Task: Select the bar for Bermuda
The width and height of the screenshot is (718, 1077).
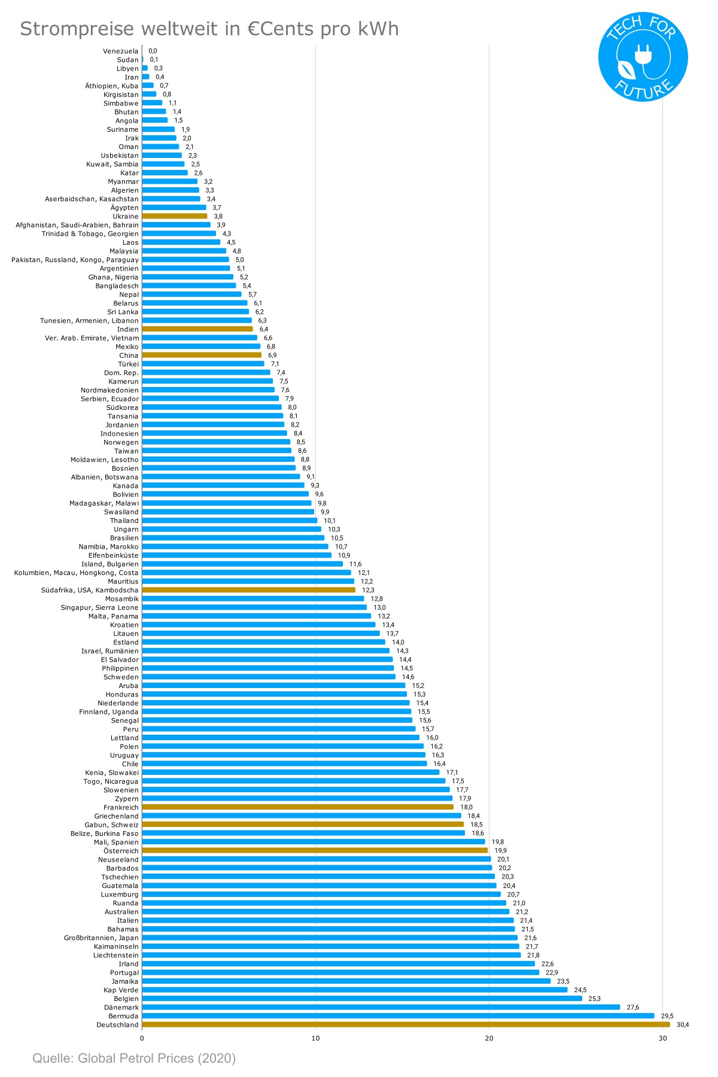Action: coord(398,1016)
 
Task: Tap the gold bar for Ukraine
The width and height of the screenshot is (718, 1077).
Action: coord(175,216)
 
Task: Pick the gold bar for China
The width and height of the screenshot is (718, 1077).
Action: coord(202,355)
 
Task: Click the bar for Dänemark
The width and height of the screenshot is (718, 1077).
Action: coord(381,1007)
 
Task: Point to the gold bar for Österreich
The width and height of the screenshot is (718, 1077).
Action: coord(315,850)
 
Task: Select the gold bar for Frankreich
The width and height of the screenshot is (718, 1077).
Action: coord(298,807)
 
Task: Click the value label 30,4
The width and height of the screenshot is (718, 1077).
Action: coord(683,1025)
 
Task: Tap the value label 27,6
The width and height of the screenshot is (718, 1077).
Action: coord(633,1008)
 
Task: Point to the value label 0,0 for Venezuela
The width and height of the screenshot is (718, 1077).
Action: coord(153,51)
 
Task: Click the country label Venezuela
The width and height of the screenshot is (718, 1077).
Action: coord(120,51)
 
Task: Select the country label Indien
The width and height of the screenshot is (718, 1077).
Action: coord(127,329)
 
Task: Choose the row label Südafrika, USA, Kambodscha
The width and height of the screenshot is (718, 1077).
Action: coord(90,590)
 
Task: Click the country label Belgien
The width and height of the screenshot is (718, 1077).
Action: coord(126,999)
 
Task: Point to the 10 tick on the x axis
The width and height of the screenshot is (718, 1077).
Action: coord(315,1038)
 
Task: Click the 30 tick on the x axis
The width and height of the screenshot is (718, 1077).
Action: coord(662,1038)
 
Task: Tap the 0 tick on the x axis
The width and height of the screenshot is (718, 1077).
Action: coord(142,1038)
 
